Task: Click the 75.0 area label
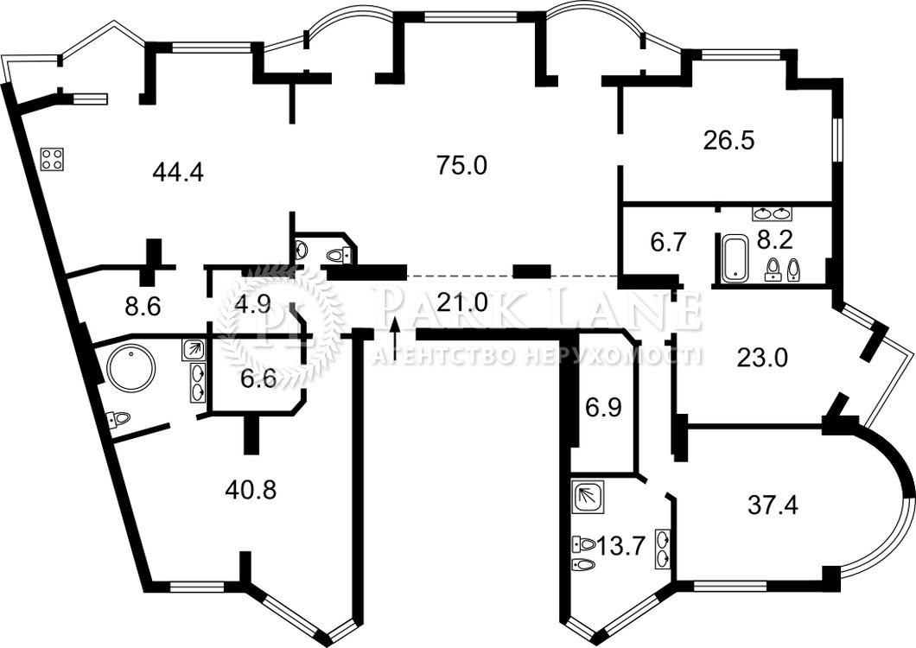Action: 461,167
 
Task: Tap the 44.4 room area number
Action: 178,172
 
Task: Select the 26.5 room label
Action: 729,141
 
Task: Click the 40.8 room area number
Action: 251,490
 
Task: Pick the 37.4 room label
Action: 773,505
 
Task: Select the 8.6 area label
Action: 143,306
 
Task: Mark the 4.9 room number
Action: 251,305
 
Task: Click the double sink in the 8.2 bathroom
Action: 773,213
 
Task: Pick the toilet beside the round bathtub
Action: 118,419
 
